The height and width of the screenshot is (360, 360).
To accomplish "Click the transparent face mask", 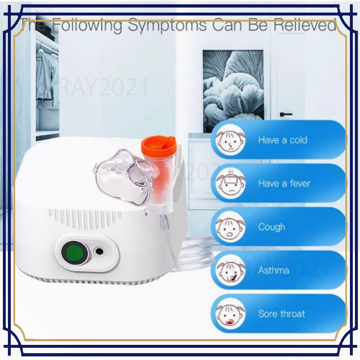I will click(x=124, y=176).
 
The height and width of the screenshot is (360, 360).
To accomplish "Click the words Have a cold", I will click(x=283, y=140).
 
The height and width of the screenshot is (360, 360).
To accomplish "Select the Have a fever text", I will click(x=284, y=184).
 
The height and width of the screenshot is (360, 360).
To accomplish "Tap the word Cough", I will click(x=271, y=227).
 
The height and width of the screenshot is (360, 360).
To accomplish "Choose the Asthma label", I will click(x=274, y=270).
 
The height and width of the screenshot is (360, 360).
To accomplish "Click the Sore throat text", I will click(x=281, y=314).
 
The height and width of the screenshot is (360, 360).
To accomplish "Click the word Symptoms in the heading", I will click(x=167, y=26).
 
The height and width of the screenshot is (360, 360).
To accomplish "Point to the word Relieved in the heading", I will click(x=305, y=26).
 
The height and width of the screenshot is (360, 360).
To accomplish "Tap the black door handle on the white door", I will click(x=286, y=114).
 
